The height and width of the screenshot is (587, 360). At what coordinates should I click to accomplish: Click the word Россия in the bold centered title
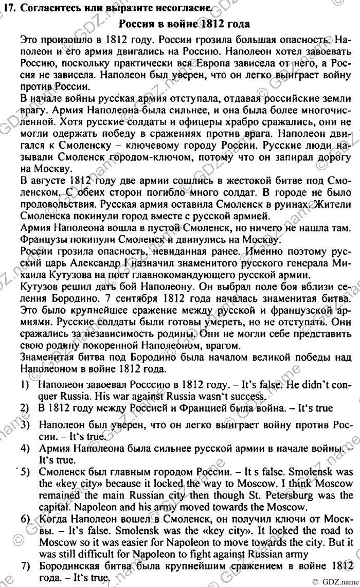tap(139, 24)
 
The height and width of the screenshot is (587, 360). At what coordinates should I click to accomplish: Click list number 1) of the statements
tap(24, 384)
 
